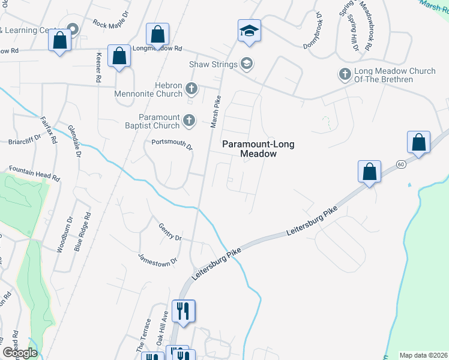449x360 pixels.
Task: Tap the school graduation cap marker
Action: [249, 31]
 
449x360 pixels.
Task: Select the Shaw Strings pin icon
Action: [246, 63]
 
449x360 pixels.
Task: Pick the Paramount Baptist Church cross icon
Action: [188, 121]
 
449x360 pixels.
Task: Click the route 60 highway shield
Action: [400, 163]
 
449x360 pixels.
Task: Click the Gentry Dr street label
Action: [170, 232]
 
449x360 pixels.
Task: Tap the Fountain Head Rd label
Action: [35, 174]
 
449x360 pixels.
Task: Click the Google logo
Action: [20, 353]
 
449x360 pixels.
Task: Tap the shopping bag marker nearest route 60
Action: [418, 143]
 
